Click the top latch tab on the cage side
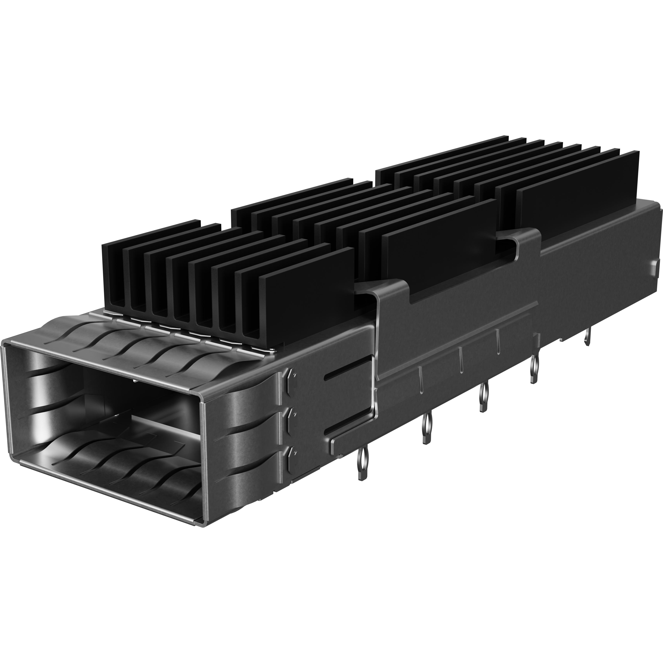(x=291, y=377)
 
